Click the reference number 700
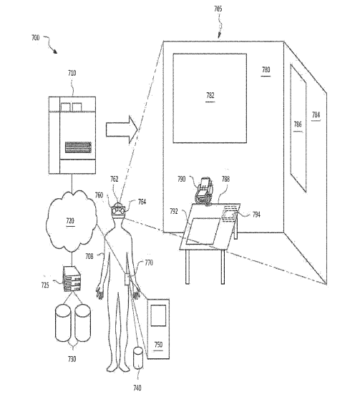tap(36, 38)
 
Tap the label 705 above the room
tap(218, 9)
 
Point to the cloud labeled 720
tap(71, 221)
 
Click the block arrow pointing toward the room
tap(122, 129)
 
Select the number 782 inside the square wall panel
tap(210, 96)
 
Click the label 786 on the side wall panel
tap(298, 124)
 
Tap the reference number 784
tap(316, 114)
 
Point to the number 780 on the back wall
tap(266, 69)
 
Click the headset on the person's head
tap(119, 210)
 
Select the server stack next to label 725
tap(72, 279)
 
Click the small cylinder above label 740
tap(138, 358)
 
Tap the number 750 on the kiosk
tap(158, 345)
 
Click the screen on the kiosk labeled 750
tap(158, 315)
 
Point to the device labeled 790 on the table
tap(204, 191)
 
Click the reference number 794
tap(256, 215)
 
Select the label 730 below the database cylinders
tap(72, 359)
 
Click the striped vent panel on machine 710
tap(78, 147)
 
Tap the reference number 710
tap(72, 73)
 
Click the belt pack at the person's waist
tap(127, 279)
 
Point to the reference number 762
tap(114, 179)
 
